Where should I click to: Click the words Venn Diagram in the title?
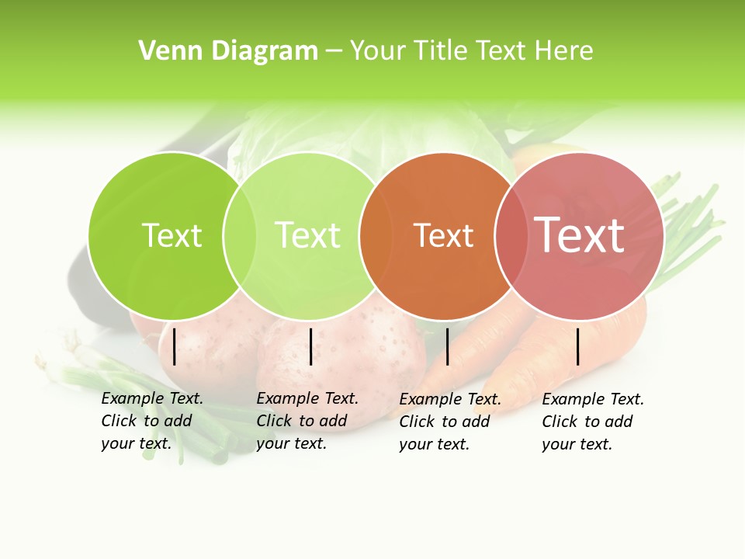pyautogui.click(x=227, y=51)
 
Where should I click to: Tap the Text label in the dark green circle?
pyautogui.click(x=172, y=235)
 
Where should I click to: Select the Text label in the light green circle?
pyautogui.click(x=308, y=235)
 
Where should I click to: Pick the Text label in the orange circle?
pyautogui.click(x=443, y=236)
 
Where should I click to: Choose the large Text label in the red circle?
pyautogui.click(x=580, y=234)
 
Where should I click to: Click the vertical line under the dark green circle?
pyautogui.click(x=174, y=346)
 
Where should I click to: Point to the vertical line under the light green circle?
pyautogui.click(x=310, y=346)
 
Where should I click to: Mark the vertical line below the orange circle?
pyautogui.click(x=447, y=346)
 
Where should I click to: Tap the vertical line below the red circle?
pyautogui.click(x=578, y=346)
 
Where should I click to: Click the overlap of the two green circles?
pyautogui.click(x=240, y=235)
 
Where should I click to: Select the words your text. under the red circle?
pyautogui.click(x=577, y=444)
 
